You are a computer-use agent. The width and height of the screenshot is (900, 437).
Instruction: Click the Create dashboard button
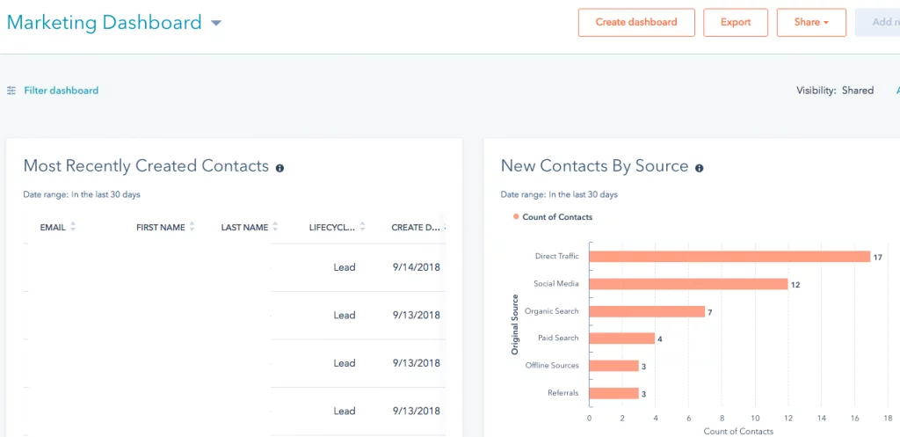(636, 23)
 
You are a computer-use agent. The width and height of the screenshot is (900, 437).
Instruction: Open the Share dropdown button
(811, 23)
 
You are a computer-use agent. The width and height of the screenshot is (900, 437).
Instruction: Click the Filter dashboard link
(61, 91)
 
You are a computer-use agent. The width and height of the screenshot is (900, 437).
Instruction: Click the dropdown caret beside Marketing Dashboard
(216, 24)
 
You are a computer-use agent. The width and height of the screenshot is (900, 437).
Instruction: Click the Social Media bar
(687, 284)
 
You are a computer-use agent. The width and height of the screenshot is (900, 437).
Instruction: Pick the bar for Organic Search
(646, 311)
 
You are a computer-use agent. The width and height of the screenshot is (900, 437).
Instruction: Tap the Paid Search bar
(621, 339)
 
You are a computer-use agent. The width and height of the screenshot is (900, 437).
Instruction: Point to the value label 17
(877, 257)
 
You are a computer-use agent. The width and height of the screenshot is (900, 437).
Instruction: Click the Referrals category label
(562, 393)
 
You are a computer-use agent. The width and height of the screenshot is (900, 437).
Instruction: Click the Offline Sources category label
(552, 366)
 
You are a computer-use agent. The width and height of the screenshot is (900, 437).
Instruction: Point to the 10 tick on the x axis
(755, 418)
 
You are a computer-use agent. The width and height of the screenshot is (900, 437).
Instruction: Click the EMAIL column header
(53, 227)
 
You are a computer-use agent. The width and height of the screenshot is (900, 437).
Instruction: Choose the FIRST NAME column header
(160, 227)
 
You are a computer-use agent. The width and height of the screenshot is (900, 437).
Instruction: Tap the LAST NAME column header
(244, 227)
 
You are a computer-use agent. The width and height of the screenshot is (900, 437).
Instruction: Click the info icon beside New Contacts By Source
(700, 167)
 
